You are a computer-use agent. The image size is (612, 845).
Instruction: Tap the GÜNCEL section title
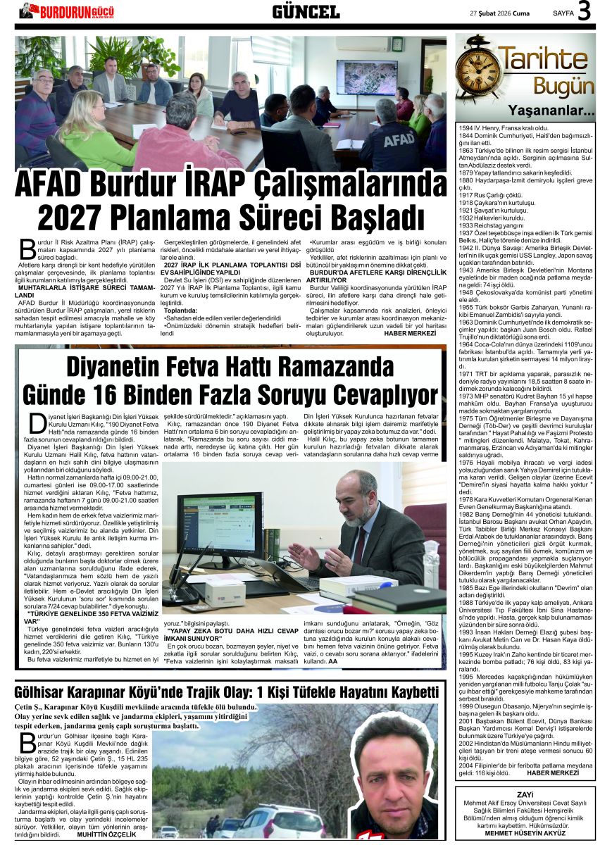306,11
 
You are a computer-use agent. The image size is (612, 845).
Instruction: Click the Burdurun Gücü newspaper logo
67,11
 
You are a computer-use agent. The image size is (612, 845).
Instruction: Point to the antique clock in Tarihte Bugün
479,70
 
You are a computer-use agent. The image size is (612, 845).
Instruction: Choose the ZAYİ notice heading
525,794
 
